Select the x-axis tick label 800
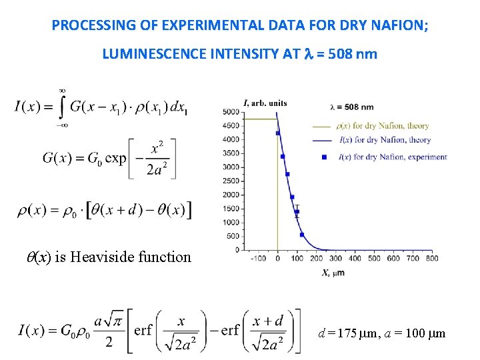[431, 258]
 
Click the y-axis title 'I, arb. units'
[265, 103]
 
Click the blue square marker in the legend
[324, 157]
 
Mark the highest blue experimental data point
[277, 133]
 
